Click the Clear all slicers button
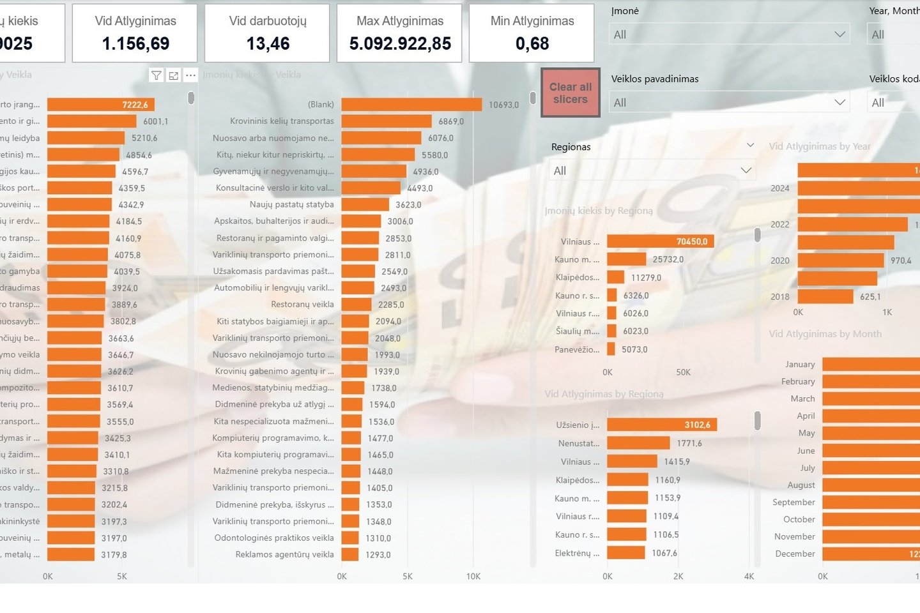(x=570, y=93)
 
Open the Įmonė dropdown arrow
(x=839, y=34)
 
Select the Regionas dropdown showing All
(x=652, y=170)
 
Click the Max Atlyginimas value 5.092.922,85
(x=400, y=43)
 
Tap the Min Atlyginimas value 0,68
(x=532, y=43)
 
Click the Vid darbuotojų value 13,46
(x=268, y=43)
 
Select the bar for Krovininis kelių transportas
(x=386, y=121)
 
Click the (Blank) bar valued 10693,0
(x=411, y=105)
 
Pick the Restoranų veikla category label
(x=302, y=305)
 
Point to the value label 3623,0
(x=408, y=205)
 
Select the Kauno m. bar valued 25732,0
(x=626, y=259)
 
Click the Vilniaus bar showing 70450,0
(x=659, y=241)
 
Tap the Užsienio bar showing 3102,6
(x=661, y=425)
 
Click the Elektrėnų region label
(x=577, y=553)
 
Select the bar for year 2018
(x=825, y=297)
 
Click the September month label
(x=793, y=503)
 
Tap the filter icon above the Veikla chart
(x=156, y=75)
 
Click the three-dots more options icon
(x=190, y=75)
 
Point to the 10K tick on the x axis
(x=473, y=576)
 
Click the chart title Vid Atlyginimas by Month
(x=825, y=334)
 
